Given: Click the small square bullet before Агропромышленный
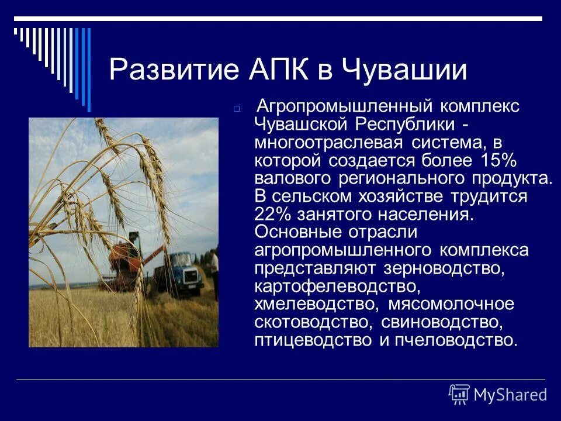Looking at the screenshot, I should click(x=237, y=109).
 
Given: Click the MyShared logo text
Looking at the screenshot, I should click(x=510, y=395).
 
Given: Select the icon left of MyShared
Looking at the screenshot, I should click(x=459, y=395).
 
